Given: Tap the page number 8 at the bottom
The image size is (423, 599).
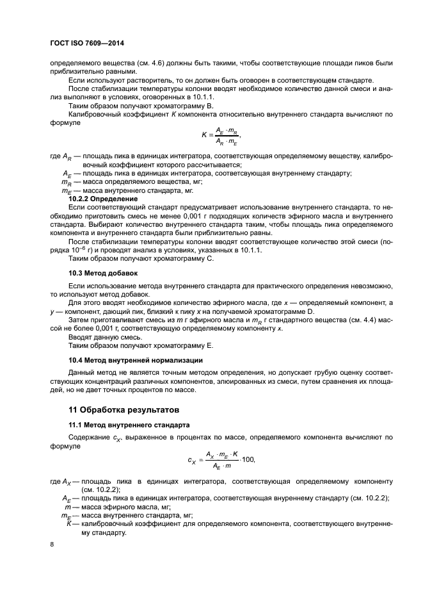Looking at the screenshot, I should [x=52, y=545].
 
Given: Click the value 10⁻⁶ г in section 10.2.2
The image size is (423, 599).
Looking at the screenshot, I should [x=87, y=250].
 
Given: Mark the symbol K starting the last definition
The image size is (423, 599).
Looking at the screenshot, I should [x=68, y=523].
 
